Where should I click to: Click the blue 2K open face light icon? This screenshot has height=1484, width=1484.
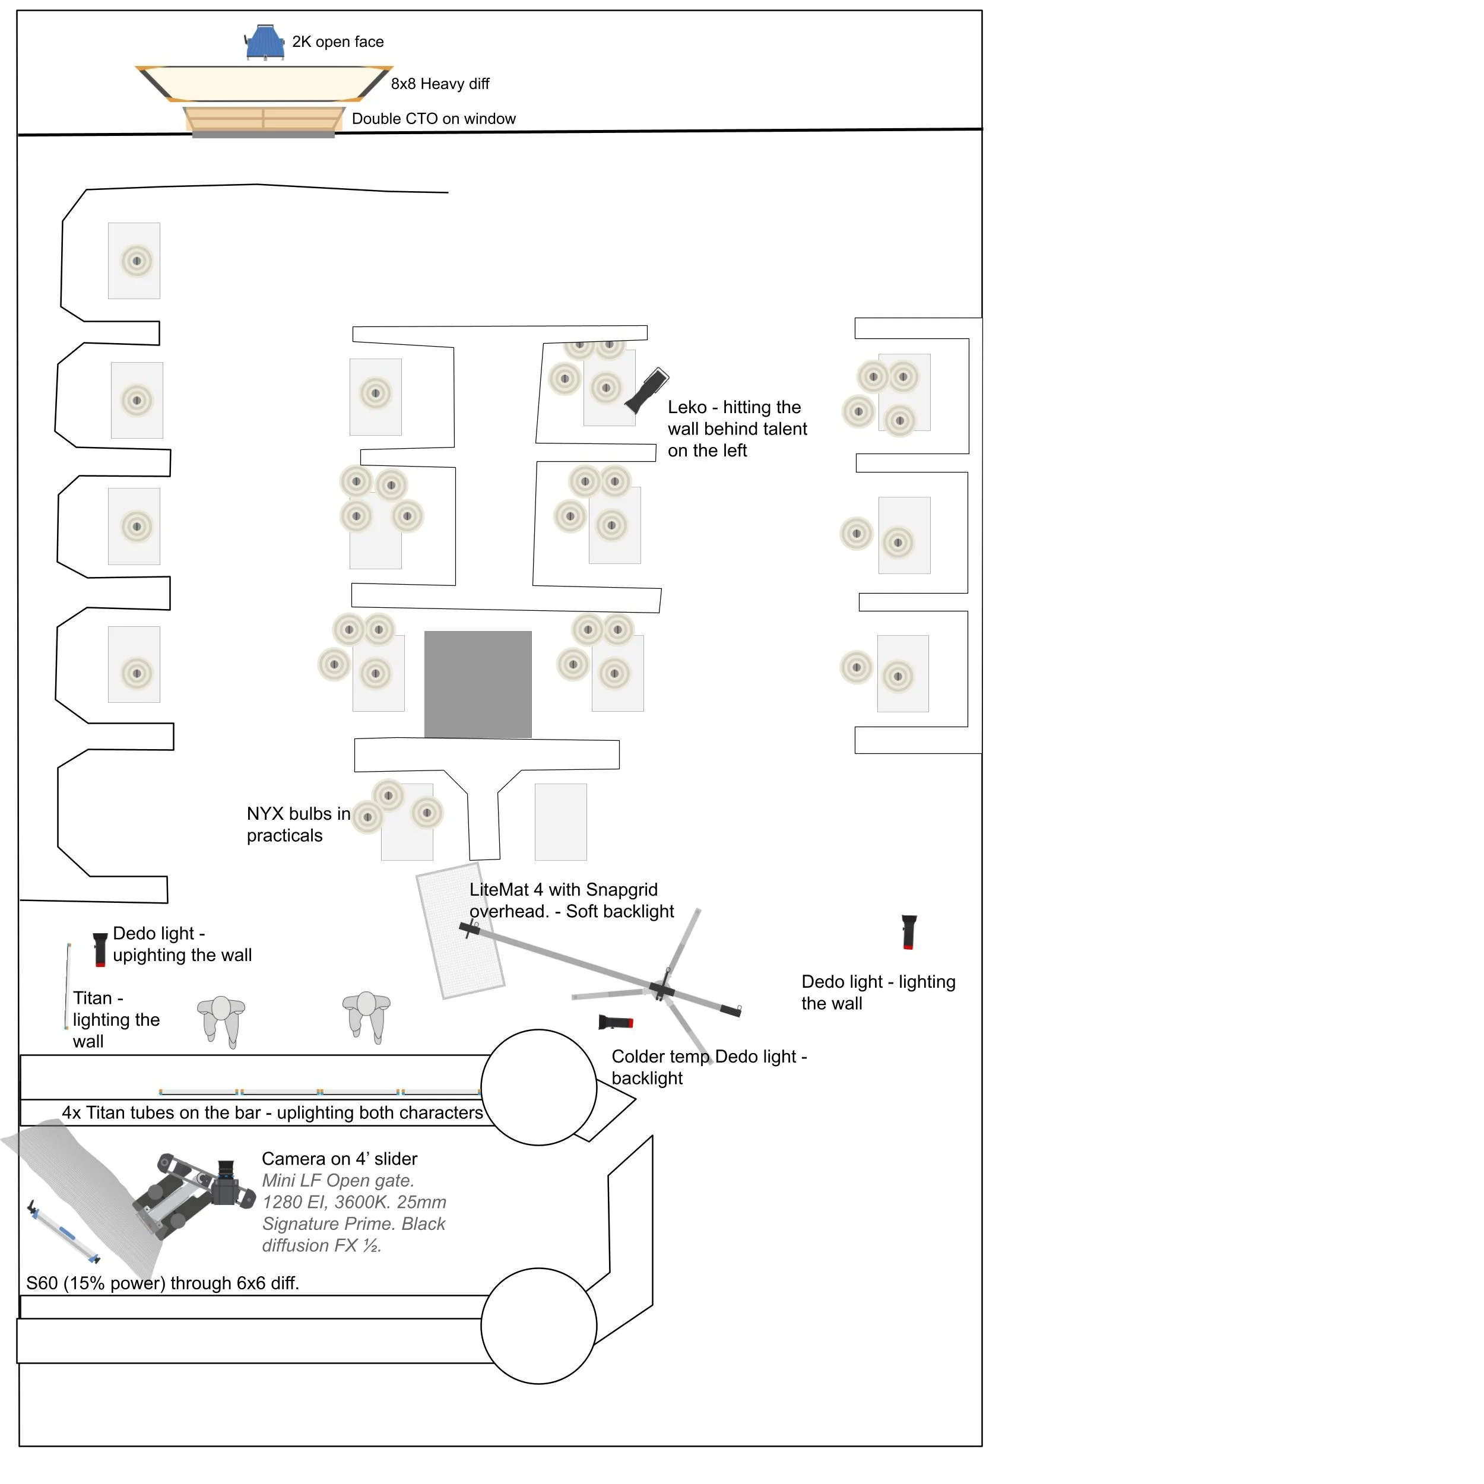tap(265, 42)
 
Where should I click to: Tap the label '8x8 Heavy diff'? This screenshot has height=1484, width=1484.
tap(439, 84)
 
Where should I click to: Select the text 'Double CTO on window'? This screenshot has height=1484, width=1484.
tap(433, 119)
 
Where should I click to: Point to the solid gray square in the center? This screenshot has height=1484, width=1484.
tap(478, 684)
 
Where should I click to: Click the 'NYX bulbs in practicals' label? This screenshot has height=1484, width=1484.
tap(298, 824)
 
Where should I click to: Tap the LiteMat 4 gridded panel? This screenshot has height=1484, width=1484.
tap(460, 931)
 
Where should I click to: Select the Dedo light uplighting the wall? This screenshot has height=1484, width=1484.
tap(100, 949)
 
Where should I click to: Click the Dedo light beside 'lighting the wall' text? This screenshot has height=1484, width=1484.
tap(909, 932)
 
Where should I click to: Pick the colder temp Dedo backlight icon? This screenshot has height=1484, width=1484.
tap(615, 1022)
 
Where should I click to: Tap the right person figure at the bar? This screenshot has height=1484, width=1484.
tap(366, 1014)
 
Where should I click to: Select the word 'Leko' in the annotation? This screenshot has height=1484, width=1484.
tap(687, 407)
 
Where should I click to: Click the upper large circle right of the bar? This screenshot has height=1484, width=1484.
tap(538, 1087)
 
